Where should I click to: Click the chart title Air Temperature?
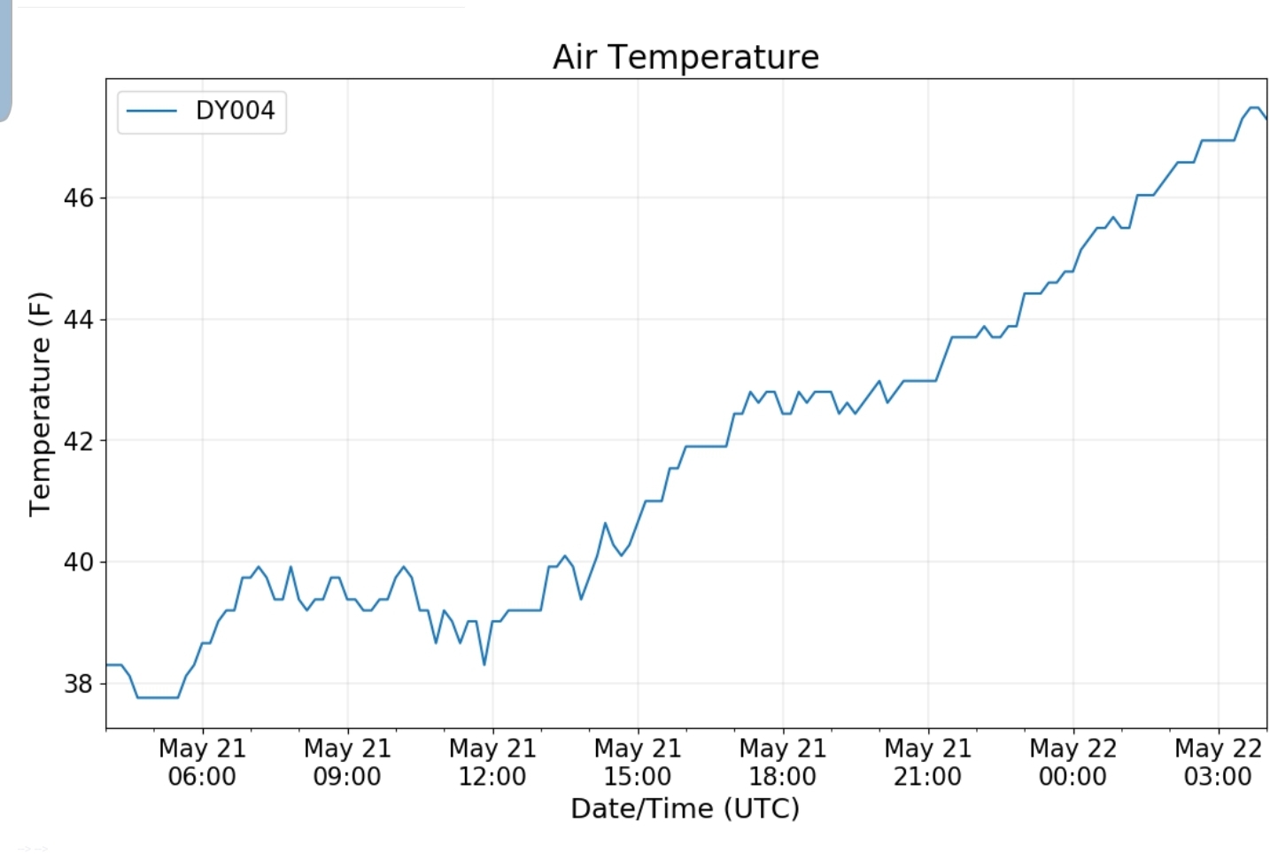coord(686,58)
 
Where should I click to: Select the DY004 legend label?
coord(236,111)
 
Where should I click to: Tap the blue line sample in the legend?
coord(151,111)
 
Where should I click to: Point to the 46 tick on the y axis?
coord(78,198)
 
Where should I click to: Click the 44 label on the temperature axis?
coord(78,320)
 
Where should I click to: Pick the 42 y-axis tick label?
coord(78,441)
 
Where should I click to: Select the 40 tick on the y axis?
coord(78,563)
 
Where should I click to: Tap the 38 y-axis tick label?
coord(78,684)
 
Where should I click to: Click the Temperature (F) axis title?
coord(40,404)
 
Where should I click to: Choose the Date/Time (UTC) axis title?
coord(685,809)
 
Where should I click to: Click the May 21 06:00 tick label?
coord(203,762)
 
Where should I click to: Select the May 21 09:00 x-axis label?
coord(347,762)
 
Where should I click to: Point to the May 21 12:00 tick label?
coord(492,762)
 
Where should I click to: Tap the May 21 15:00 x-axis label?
coord(638,762)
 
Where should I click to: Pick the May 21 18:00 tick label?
coord(783,762)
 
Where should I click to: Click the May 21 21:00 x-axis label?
coord(928,762)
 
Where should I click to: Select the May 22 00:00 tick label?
coord(1073,762)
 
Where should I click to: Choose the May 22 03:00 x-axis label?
coord(1219,762)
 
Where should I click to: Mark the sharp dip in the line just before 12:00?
coord(484,664)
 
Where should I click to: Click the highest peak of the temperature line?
coord(1255,107)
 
